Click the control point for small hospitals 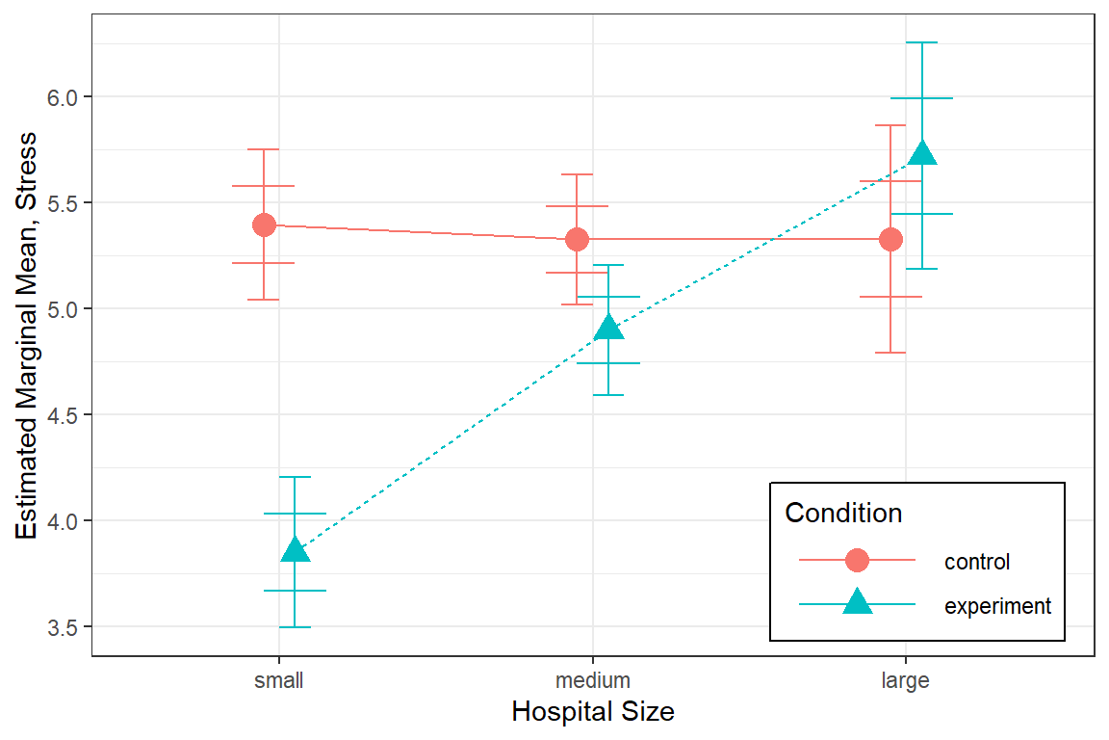pyautogui.click(x=264, y=225)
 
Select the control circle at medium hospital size pyautogui.click(x=577, y=239)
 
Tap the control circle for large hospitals pyautogui.click(x=890, y=239)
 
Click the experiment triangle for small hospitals pyautogui.click(x=295, y=550)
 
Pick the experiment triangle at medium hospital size pyautogui.click(x=608, y=328)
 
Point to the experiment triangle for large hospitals pyautogui.click(x=922, y=154)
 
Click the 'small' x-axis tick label pyautogui.click(x=279, y=681)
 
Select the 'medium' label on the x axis pyautogui.click(x=593, y=681)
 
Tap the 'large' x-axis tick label pyautogui.click(x=906, y=681)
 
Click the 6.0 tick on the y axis pyautogui.click(x=70, y=97)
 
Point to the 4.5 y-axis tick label pyautogui.click(x=70, y=415)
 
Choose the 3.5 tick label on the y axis pyautogui.click(x=70, y=627)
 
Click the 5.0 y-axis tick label pyautogui.click(x=70, y=309)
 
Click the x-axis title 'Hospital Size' pyautogui.click(x=593, y=712)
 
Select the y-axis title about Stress pyautogui.click(x=28, y=335)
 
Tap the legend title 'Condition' pyautogui.click(x=843, y=513)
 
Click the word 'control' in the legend pyautogui.click(x=977, y=561)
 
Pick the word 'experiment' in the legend pyautogui.click(x=998, y=606)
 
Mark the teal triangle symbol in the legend pyautogui.click(x=857, y=604)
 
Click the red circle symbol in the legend pyautogui.click(x=857, y=560)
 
